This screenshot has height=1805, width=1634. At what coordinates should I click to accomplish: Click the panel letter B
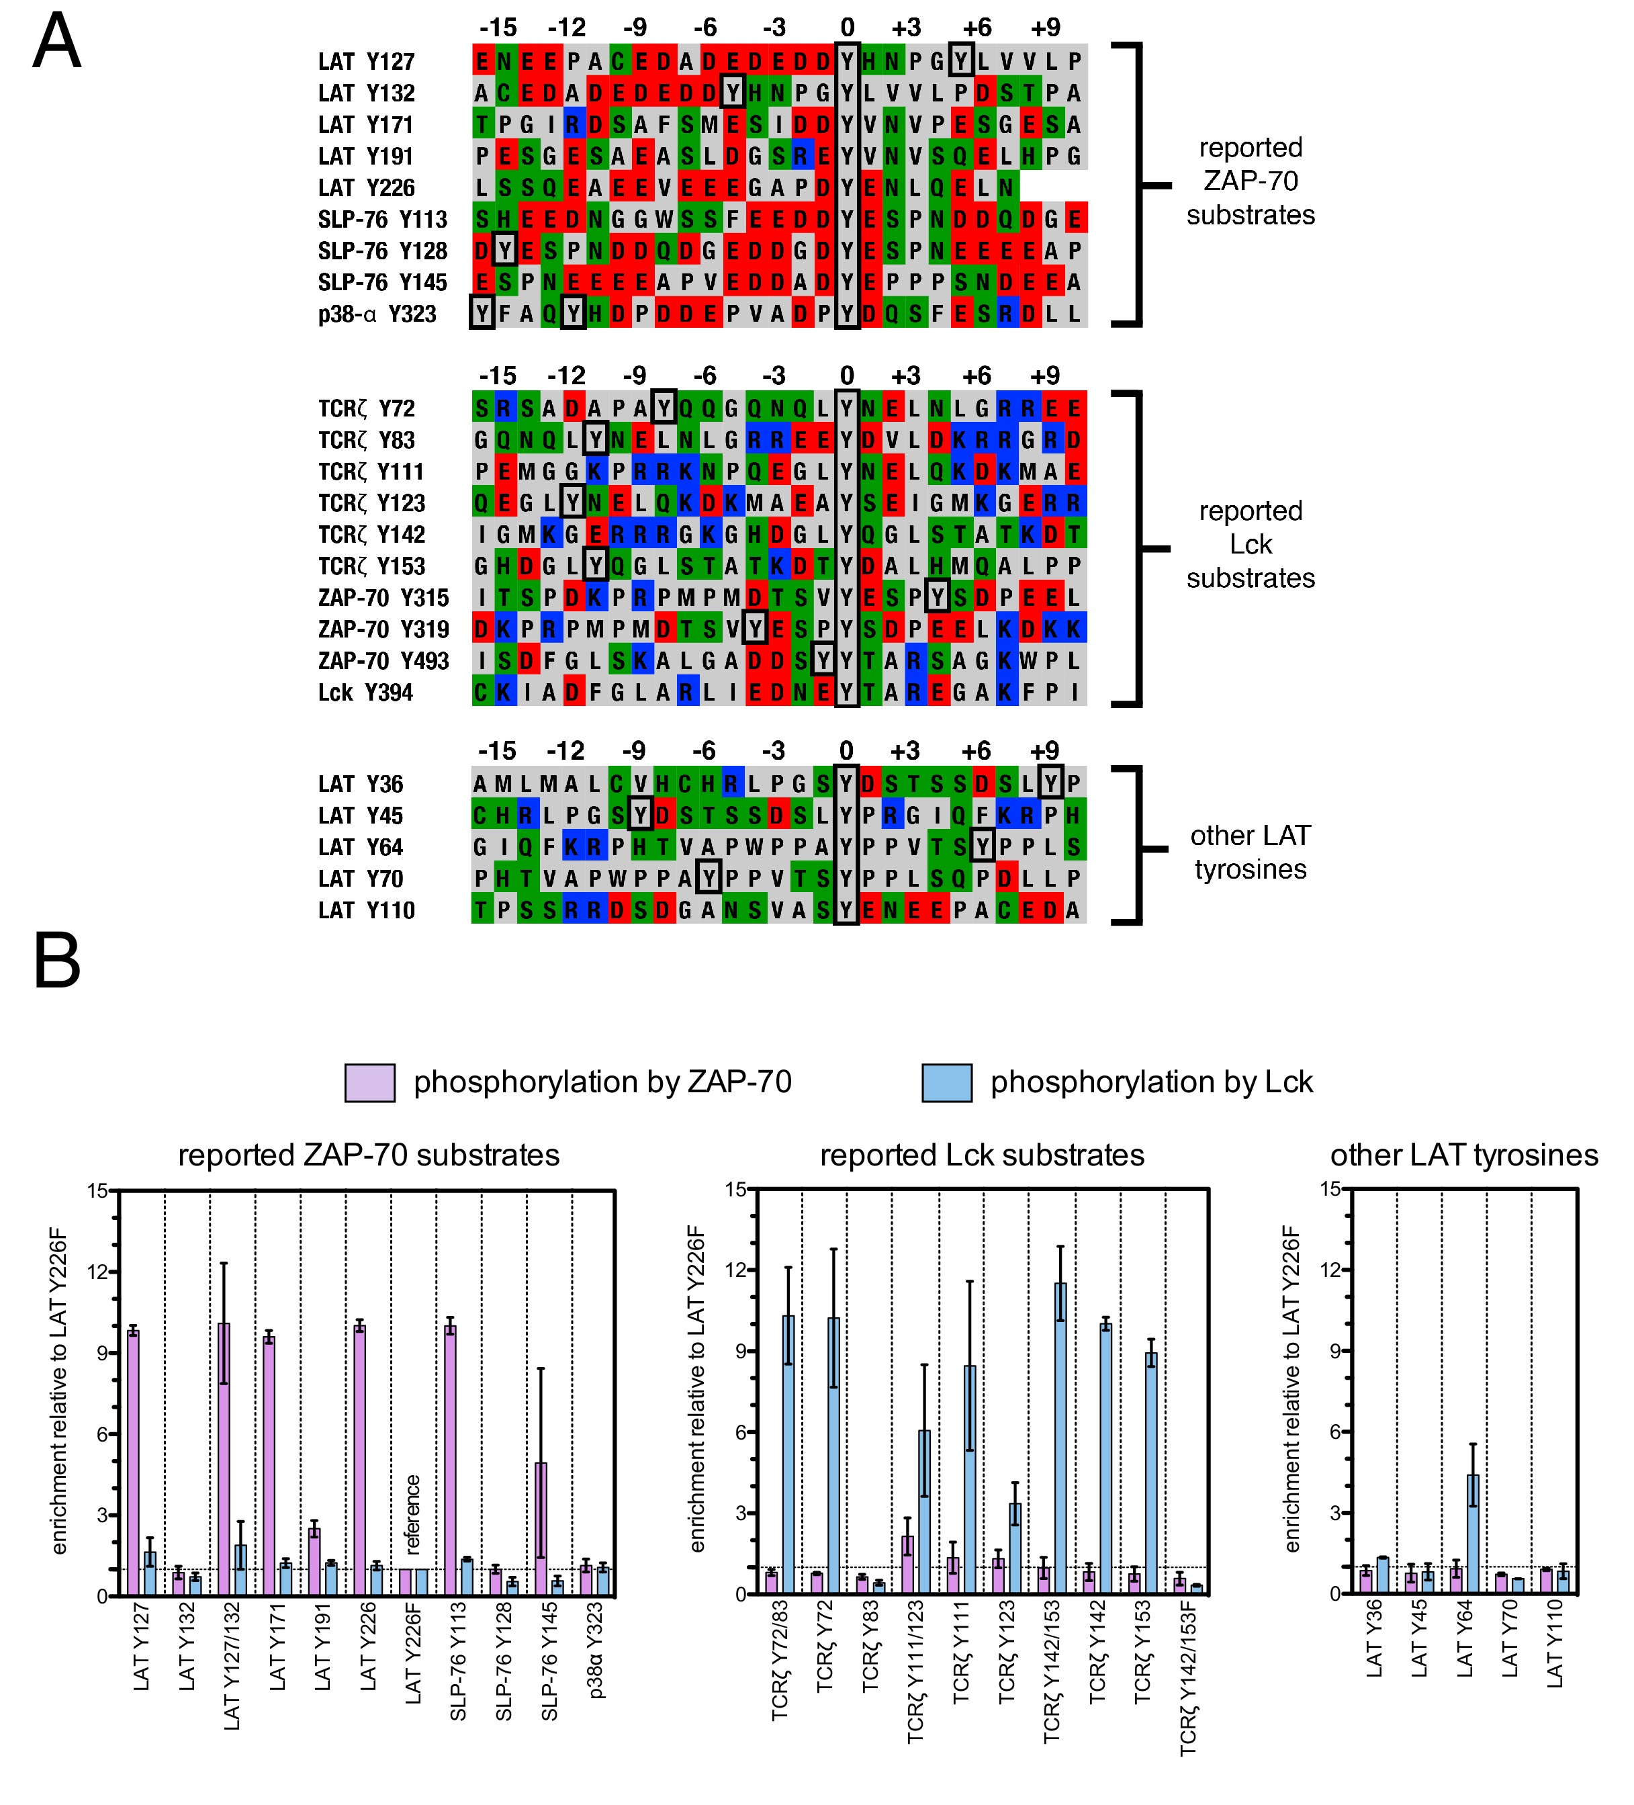(x=56, y=960)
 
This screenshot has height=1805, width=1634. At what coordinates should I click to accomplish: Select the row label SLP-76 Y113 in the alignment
(x=382, y=220)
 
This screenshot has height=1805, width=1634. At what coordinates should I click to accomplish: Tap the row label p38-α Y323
(x=377, y=314)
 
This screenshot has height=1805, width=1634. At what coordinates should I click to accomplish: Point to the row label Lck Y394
(x=365, y=692)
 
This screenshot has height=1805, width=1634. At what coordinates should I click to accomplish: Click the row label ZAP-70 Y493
(x=383, y=661)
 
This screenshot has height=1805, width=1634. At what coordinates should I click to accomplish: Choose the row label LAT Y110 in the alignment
(x=366, y=910)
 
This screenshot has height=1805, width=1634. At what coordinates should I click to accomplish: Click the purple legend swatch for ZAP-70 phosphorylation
(x=370, y=1082)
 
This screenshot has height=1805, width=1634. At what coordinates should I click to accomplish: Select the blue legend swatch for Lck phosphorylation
(x=946, y=1082)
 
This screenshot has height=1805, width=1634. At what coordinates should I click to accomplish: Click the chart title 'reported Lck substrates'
(x=981, y=1155)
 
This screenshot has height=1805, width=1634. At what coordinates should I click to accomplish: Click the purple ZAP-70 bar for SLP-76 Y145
(x=541, y=1528)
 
